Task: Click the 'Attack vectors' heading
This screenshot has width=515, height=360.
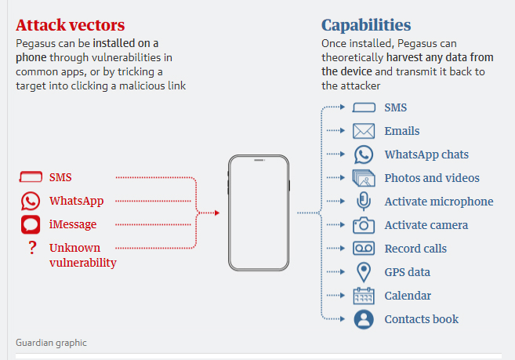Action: coord(71,25)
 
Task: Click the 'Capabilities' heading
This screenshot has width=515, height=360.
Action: coord(366,25)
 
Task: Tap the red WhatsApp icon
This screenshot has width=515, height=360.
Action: coord(31,202)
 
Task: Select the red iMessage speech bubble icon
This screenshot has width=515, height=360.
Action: coord(31,225)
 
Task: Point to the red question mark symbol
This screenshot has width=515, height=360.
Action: coord(31,249)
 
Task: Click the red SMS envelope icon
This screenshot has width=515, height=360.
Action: coord(31,177)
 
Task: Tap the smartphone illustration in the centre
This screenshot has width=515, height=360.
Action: coord(258,213)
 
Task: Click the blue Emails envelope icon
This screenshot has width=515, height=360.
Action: coord(364,131)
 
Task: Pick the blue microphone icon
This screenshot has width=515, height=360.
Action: coord(364,202)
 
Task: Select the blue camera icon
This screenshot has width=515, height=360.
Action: coord(364,225)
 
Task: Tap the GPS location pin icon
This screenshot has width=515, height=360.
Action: coord(364,272)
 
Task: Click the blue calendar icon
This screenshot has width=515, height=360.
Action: coord(364,296)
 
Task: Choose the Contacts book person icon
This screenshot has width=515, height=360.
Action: coord(364,319)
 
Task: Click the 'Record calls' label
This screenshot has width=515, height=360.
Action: coord(415,249)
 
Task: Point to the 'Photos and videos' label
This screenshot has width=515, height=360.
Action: coord(432,178)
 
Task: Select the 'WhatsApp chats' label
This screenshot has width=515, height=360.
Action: coord(426,155)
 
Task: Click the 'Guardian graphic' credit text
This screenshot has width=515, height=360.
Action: coord(52,343)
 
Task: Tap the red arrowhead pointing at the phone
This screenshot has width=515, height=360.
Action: coord(216,213)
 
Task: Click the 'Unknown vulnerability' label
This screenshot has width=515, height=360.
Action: coord(82,256)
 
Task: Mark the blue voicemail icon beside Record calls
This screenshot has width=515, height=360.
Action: coord(364,249)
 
